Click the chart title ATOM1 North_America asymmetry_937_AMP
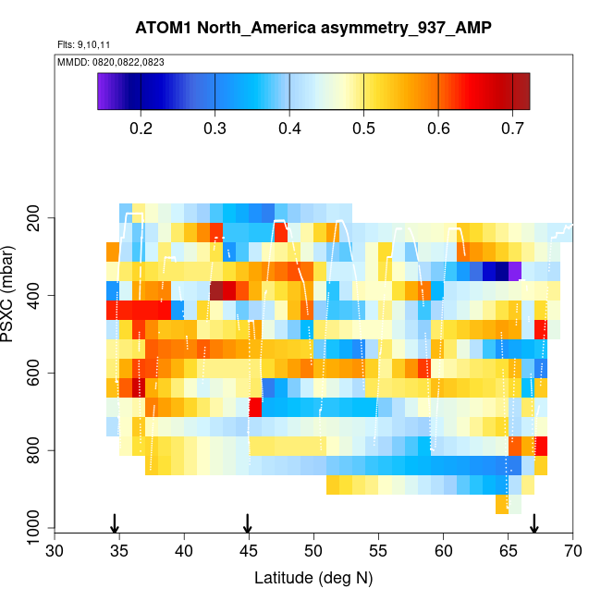[x=313, y=28]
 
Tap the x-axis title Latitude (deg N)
[x=313, y=578]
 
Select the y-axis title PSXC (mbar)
[x=12, y=295]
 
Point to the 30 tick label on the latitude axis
[x=55, y=551]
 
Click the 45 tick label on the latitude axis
[x=249, y=551]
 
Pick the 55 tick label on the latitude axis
[x=379, y=551]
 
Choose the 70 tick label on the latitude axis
[x=572, y=551]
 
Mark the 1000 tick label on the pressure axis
[x=33, y=529]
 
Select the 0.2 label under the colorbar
[x=141, y=127]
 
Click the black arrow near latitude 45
[x=248, y=522]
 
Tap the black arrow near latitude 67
[x=534, y=522]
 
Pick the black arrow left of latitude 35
[x=115, y=522]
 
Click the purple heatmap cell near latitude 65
[x=515, y=270]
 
